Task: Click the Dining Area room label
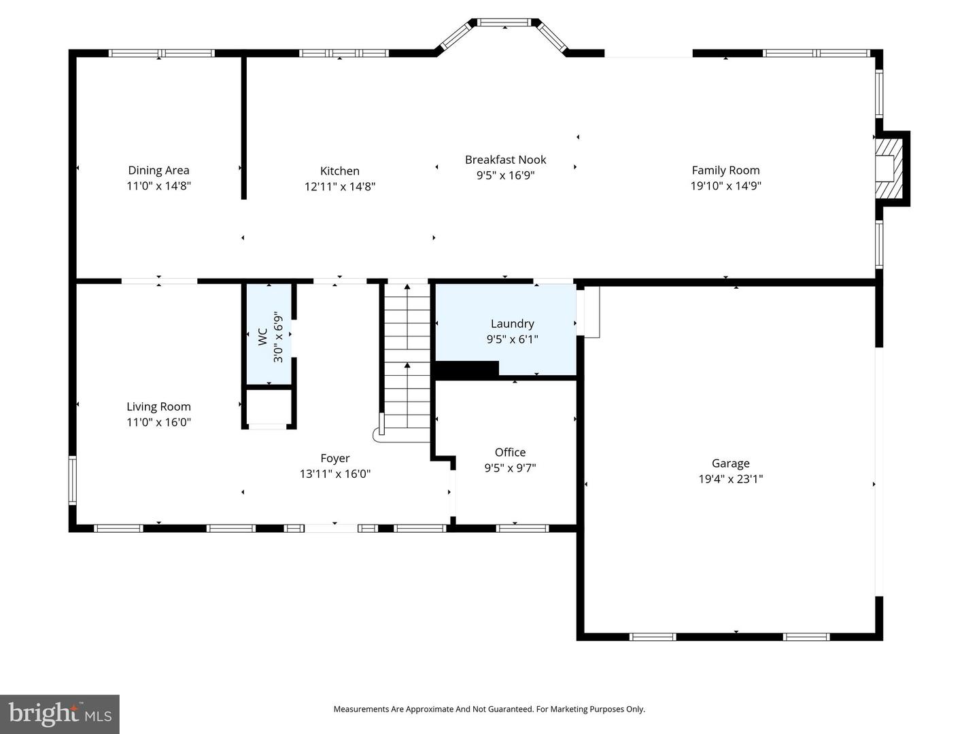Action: coord(158,171)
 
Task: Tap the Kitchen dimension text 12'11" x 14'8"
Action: coord(339,186)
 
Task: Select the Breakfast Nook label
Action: coord(505,160)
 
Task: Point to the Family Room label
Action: coord(725,171)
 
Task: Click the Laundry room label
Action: coord(512,324)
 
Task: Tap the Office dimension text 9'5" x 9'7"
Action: coord(510,468)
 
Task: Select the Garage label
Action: coord(730,464)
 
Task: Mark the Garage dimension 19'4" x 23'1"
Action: coord(730,479)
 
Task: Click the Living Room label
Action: coord(158,406)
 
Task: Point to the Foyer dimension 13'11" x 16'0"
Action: coord(334,474)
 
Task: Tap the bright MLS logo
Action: coord(60,714)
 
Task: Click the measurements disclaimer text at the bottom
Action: coord(489,709)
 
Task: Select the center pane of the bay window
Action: coord(504,22)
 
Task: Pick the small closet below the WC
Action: coord(269,407)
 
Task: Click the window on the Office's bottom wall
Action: coord(522,528)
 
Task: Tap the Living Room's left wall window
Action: coord(72,480)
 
